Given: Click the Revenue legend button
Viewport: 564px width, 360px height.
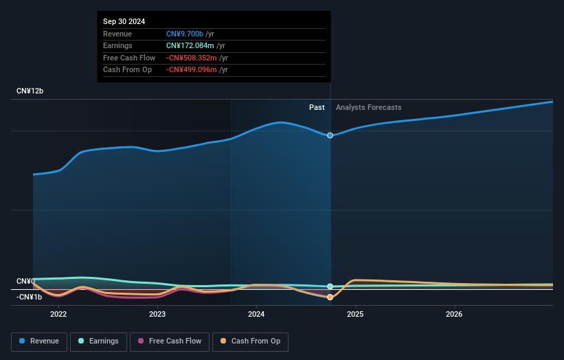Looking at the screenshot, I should point(39,341).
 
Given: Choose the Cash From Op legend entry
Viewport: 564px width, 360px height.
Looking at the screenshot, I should point(250,341).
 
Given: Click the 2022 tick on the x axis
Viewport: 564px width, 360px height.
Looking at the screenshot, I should point(58,315).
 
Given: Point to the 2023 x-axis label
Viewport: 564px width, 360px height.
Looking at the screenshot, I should point(157,315).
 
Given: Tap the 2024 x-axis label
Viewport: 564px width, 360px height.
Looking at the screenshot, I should point(256,315).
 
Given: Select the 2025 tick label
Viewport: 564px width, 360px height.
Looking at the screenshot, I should point(355,315).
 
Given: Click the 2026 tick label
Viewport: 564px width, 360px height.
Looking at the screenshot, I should point(454,315).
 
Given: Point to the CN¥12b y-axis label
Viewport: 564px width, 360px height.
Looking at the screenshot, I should point(30,91).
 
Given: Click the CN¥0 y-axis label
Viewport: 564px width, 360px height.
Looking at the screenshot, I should point(25,282).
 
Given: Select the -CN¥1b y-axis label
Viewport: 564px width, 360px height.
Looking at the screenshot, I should point(30,297).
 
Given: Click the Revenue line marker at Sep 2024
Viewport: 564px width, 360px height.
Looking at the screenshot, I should point(330,135).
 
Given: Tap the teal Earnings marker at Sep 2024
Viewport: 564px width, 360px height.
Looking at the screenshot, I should point(330,286).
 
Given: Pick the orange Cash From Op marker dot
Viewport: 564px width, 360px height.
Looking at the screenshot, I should point(330,297).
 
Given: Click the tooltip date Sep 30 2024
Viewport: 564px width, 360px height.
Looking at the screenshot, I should point(124,22).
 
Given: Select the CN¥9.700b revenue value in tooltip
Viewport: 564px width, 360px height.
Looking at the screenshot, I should point(185,34).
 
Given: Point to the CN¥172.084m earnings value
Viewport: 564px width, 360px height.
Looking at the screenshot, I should point(190,46).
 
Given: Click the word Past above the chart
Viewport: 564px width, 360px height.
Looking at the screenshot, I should point(317,107).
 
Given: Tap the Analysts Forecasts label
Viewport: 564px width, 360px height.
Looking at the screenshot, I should point(368,107).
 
